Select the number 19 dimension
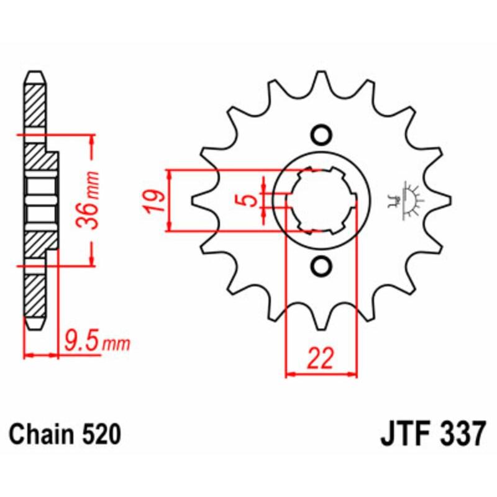click(x=156, y=201)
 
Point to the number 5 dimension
click(x=249, y=200)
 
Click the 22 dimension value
click(x=321, y=358)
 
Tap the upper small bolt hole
click(x=321, y=134)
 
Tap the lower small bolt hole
click(x=321, y=267)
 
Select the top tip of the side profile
click(x=35, y=74)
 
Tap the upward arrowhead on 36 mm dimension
click(x=91, y=139)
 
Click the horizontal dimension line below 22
click(x=321, y=375)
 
